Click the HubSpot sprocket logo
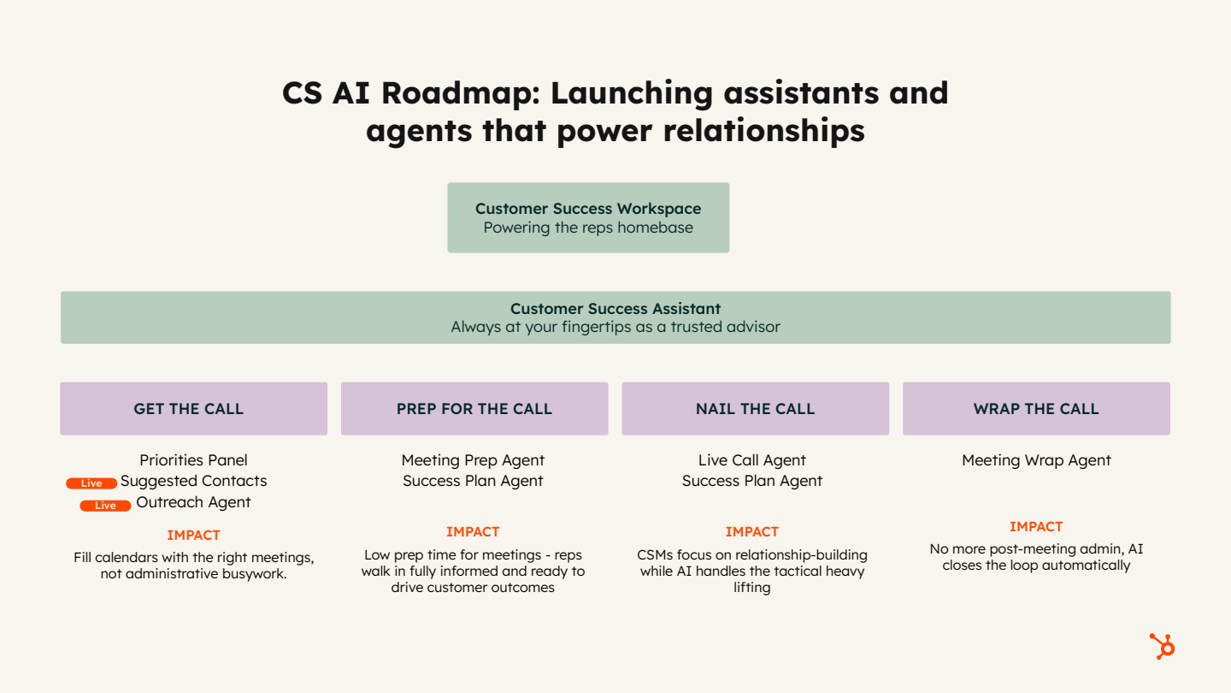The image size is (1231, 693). [1162, 646]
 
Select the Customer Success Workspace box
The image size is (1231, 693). [588, 217]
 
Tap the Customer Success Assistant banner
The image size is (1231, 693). [615, 317]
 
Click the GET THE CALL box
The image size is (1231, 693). [193, 409]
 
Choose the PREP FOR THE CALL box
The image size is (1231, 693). [474, 409]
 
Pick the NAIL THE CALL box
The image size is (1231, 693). [755, 409]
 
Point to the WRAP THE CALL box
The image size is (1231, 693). [1036, 409]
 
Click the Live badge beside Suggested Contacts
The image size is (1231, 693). [91, 483]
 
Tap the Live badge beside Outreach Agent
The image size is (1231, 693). [105, 506]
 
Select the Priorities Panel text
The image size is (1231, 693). [193, 460]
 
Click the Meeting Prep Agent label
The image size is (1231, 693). [473, 460]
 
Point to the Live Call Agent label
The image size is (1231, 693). [752, 460]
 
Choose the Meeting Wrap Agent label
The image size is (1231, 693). [1036, 460]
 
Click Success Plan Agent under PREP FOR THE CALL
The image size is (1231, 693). [473, 481]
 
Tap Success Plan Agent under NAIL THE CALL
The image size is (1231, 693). [752, 481]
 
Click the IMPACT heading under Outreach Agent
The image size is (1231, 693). [193, 536]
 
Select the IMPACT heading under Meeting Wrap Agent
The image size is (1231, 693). [1036, 527]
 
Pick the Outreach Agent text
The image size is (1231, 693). [193, 502]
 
